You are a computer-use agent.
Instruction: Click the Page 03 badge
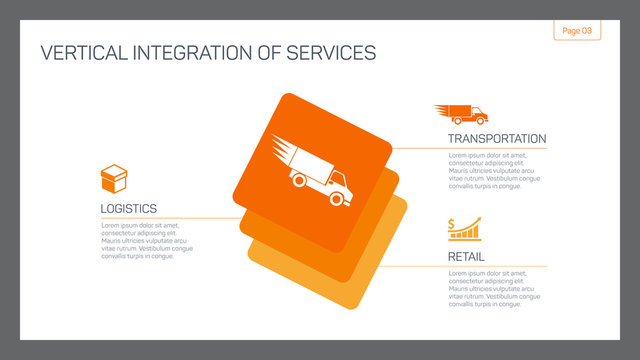pyautogui.click(x=577, y=31)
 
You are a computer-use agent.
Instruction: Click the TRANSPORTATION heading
pyautogui.click(x=497, y=138)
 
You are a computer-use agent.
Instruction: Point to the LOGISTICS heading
pyautogui.click(x=128, y=208)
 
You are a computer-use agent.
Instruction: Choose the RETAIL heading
pyautogui.click(x=466, y=257)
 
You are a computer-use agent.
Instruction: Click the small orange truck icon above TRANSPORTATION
pyautogui.click(x=461, y=115)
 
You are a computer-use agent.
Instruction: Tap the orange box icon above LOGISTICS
pyautogui.click(x=113, y=180)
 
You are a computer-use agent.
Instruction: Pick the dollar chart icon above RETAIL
pyautogui.click(x=464, y=229)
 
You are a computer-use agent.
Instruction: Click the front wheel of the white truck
pyautogui.click(x=337, y=198)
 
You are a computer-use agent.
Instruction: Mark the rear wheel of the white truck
pyautogui.click(x=298, y=181)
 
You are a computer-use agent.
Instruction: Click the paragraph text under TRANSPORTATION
pyautogui.click(x=494, y=170)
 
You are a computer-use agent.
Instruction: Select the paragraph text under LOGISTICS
pyautogui.click(x=146, y=240)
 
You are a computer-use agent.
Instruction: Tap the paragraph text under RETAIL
pyautogui.click(x=494, y=288)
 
